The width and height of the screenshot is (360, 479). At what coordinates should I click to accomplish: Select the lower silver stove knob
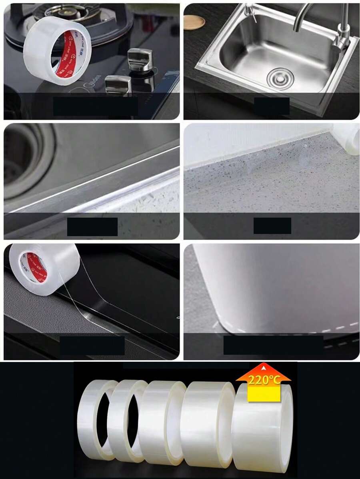pyautogui.click(x=118, y=84)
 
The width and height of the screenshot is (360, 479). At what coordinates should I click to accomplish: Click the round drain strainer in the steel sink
pyautogui.click(x=280, y=78)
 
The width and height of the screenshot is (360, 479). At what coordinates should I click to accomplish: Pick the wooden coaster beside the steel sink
pyautogui.click(x=194, y=22)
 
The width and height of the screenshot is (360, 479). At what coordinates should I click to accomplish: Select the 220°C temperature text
pyautogui.click(x=264, y=380)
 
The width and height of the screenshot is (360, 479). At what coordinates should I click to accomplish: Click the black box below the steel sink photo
pyautogui.click(x=272, y=106)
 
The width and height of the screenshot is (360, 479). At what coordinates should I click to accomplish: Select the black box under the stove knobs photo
pyautogui.click(x=96, y=106)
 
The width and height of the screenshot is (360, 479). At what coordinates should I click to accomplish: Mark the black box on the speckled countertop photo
pyautogui.click(x=272, y=226)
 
